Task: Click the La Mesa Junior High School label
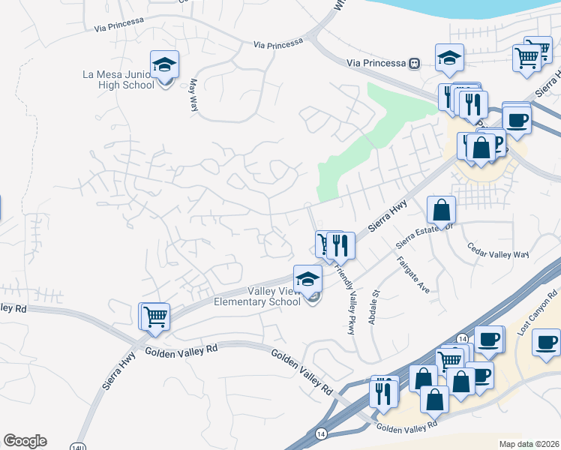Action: point(118,79)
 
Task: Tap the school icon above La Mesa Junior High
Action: point(164,65)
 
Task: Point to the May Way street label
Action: point(193,96)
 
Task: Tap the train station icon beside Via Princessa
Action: point(412,63)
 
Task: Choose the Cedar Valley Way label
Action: point(497,251)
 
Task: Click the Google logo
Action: point(25,441)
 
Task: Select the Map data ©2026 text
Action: point(528,444)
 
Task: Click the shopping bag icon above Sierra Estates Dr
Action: point(441,209)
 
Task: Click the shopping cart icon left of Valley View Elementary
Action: point(155,316)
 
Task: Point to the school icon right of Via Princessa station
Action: point(449,58)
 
